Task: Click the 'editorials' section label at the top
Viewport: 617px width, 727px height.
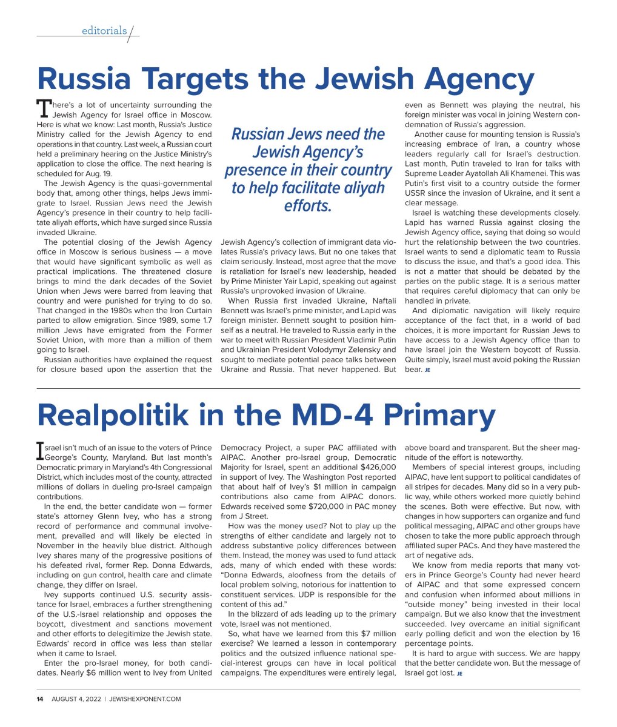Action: pyautogui.click(x=104, y=31)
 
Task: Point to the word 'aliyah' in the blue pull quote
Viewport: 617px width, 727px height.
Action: pyautogui.click(x=357, y=187)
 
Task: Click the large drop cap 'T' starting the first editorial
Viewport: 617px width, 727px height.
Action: pyautogui.click(x=44, y=108)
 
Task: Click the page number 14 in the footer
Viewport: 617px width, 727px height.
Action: pyautogui.click(x=39, y=699)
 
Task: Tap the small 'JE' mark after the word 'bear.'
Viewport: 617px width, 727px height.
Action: pyautogui.click(x=427, y=370)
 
